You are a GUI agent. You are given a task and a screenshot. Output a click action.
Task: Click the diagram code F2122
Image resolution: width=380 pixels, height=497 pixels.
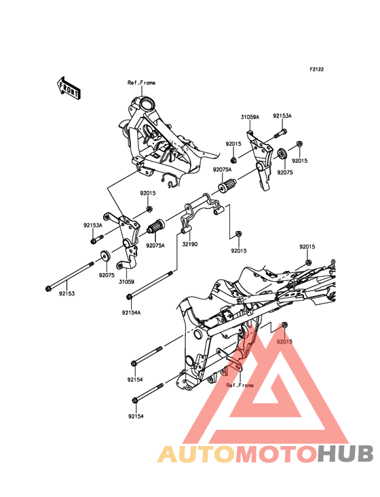tap(317, 69)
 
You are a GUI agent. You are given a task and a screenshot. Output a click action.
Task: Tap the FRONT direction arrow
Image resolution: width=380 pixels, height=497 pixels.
tap(69, 88)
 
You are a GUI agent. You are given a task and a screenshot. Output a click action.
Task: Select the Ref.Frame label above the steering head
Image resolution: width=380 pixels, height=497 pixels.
tap(141, 83)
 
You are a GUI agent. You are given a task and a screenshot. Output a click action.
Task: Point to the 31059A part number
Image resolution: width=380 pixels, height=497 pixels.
tap(250, 117)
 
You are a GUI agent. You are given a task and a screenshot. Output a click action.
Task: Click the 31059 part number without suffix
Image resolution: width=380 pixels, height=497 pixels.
tap(126, 282)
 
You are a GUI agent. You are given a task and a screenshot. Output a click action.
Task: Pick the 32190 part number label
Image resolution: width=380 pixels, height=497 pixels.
tap(190, 244)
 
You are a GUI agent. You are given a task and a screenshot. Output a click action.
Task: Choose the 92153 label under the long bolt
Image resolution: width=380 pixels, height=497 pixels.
tap(66, 293)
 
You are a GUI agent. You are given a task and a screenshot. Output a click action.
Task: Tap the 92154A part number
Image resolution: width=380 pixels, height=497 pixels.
tap(131, 312)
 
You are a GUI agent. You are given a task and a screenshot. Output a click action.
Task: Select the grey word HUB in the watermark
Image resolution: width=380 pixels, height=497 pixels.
tap(346, 454)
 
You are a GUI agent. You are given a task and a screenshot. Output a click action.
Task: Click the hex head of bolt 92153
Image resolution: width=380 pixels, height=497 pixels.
tap(48, 289)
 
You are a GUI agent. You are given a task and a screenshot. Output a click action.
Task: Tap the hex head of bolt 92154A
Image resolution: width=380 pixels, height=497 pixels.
tap(129, 297)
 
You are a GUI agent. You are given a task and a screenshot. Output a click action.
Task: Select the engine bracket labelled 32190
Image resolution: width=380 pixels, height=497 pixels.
tap(203, 212)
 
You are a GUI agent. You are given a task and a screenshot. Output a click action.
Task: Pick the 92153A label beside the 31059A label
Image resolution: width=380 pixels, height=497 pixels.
tap(282, 116)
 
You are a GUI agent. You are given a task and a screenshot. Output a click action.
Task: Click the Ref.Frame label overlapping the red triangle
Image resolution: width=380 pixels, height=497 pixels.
tap(240, 385)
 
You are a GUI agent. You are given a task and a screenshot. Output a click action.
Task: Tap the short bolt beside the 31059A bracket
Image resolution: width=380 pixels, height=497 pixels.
tap(280, 133)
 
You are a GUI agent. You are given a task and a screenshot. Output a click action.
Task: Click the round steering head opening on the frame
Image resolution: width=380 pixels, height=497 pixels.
tap(147, 104)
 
